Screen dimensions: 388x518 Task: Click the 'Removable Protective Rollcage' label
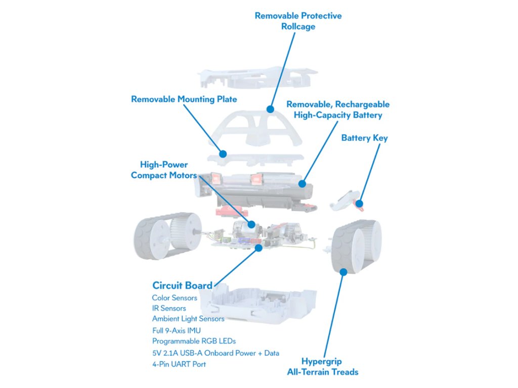click(x=298, y=21)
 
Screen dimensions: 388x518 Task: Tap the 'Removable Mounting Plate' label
click(x=184, y=99)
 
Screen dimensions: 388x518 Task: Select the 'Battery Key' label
click(x=364, y=138)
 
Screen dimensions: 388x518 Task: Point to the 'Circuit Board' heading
click(x=182, y=285)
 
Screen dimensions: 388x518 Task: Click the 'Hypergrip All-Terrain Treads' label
click(x=329, y=367)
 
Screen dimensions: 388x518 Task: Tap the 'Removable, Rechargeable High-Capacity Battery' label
click(x=338, y=110)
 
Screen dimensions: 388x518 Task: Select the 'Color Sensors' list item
click(x=175, y=298)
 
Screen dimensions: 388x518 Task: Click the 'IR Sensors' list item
click(x=169, y=308)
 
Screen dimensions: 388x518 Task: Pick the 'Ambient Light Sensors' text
click(x=188, y=319)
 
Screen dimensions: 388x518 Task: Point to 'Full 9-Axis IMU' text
click(x=177, y=330)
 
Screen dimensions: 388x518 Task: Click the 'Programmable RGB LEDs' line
click(x=194, y=341)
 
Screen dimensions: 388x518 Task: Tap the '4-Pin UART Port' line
click(x=179, y=364)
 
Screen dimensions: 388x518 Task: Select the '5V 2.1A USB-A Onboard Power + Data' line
click(x=215, y=353)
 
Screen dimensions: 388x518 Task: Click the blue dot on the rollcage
click(x=270, y=109)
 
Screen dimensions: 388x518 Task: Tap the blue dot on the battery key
click(x=359, y=204)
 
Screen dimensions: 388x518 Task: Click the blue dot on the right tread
click(x=343, y=271)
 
